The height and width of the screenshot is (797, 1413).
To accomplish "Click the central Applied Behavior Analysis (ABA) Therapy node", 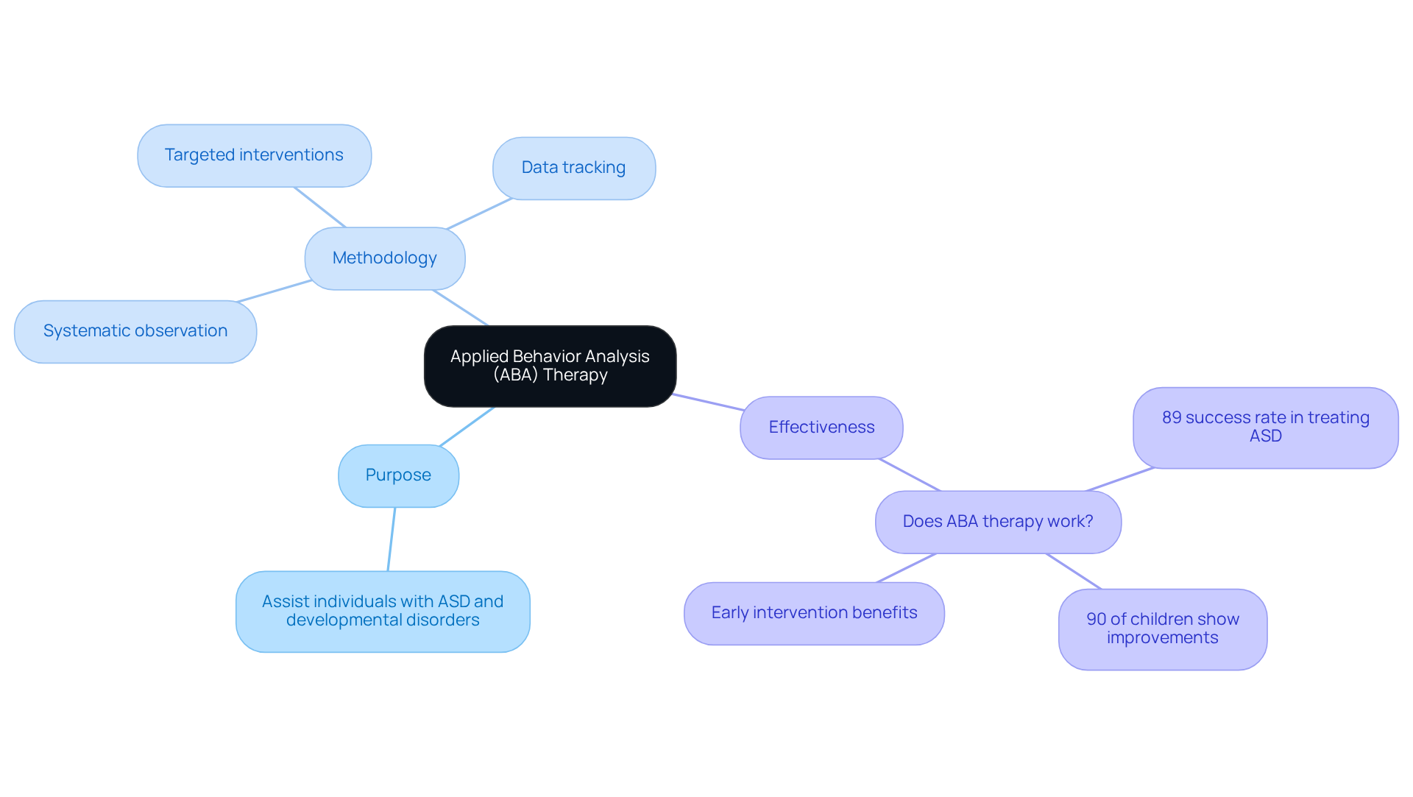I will (x=550, y=366).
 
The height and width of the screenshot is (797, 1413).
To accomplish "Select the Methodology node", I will (x=384, y=258).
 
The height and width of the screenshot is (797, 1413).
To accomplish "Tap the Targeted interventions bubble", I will (x=254, y=155).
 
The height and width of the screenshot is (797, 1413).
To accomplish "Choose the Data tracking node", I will (x=573, y=168).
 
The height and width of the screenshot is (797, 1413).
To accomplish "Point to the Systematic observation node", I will (x=135, y=331).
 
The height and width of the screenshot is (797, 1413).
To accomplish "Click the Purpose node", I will (x=398, y=475).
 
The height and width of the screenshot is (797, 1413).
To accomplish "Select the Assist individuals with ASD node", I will (x=383, y=611).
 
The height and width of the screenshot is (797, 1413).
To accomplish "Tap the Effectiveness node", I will (x=821, y=428).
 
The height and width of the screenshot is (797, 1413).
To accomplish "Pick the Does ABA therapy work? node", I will (x=998, y=522).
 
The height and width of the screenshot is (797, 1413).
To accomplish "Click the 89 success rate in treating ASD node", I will (x=1265, y=428).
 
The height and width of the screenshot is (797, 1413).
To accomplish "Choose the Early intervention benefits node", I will (x=814, y=613).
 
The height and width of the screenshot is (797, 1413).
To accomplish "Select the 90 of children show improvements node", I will (x=1163, y=628).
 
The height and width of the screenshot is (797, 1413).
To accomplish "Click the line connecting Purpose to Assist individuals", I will (x=392, y=539).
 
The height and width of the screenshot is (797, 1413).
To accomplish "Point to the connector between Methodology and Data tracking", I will (x=479, y=213).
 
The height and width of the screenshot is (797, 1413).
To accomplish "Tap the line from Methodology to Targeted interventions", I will (x=320, y=208).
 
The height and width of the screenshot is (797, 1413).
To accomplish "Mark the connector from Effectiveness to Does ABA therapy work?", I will (x=910, y=475).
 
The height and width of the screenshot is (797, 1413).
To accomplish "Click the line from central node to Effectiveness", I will (x=708, y=402).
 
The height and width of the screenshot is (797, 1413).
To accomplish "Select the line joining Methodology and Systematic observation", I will (x=275, y=291).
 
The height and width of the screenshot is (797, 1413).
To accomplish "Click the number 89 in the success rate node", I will (x=1172, y=418).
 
